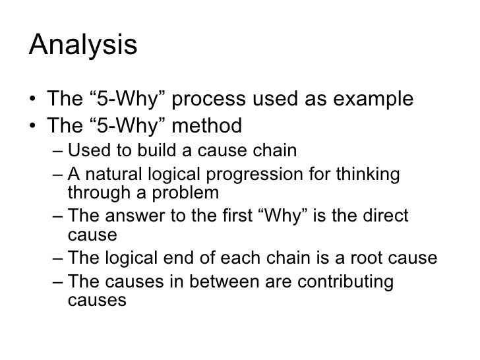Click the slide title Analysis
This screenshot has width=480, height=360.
(83, 47)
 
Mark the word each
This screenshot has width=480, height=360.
(234, 258)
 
